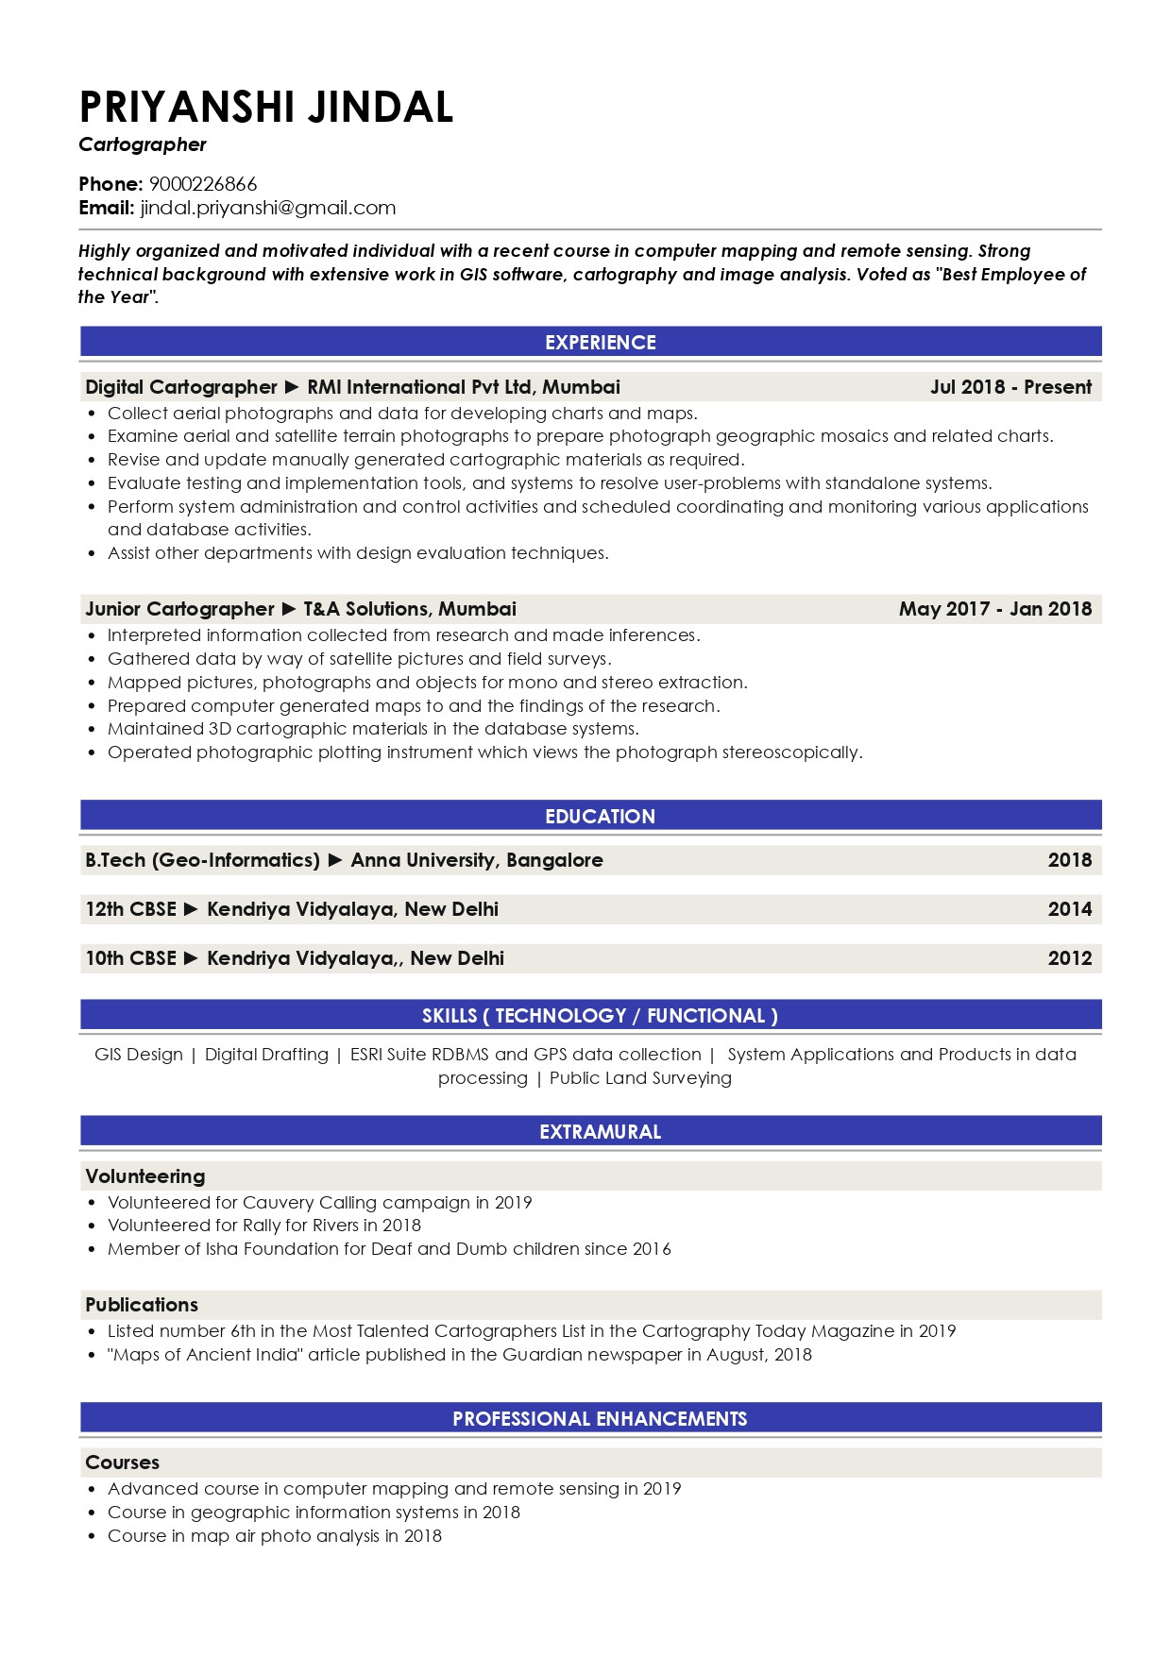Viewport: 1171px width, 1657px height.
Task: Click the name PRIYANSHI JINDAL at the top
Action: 266,107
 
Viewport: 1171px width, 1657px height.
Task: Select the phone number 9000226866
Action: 203,184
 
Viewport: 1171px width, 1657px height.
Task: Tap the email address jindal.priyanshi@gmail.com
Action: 268,208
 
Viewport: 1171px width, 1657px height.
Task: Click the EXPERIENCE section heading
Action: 600,343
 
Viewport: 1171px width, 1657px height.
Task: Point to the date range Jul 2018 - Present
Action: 1010,387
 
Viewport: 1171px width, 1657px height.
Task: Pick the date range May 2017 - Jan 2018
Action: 994,609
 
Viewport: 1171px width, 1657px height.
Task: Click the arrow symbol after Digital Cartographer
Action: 292,387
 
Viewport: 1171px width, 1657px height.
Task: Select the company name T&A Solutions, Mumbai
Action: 410,609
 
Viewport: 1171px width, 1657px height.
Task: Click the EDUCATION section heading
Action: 600,817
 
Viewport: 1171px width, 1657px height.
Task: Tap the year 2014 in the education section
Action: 1069,909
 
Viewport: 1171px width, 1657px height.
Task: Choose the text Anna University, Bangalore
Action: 477,860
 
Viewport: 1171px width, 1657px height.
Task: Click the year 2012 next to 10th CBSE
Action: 1069,958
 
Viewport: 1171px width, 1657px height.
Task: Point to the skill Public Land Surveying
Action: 640,1078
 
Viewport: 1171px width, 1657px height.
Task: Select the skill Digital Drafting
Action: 266,1055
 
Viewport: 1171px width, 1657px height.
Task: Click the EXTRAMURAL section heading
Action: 600,1132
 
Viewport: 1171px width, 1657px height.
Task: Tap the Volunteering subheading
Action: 145,1176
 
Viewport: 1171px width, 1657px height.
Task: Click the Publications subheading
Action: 142,1305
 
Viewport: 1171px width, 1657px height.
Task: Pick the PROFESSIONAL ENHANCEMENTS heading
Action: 600,1419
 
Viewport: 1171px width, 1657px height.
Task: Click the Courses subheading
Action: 123,1463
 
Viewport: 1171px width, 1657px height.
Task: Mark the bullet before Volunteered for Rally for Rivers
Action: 92,1226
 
